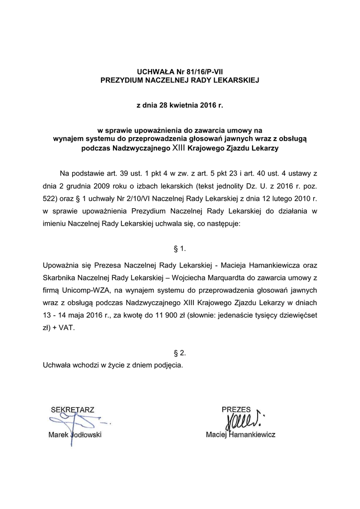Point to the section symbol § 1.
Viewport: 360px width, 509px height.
(x=180, y=247)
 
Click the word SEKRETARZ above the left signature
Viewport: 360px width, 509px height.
(x=73, y=410)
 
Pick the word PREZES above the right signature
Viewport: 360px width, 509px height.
(x=236, y=409)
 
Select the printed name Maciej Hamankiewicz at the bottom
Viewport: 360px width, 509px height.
(x=241, y=434)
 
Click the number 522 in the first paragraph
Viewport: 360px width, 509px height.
(x=50, y=199)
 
